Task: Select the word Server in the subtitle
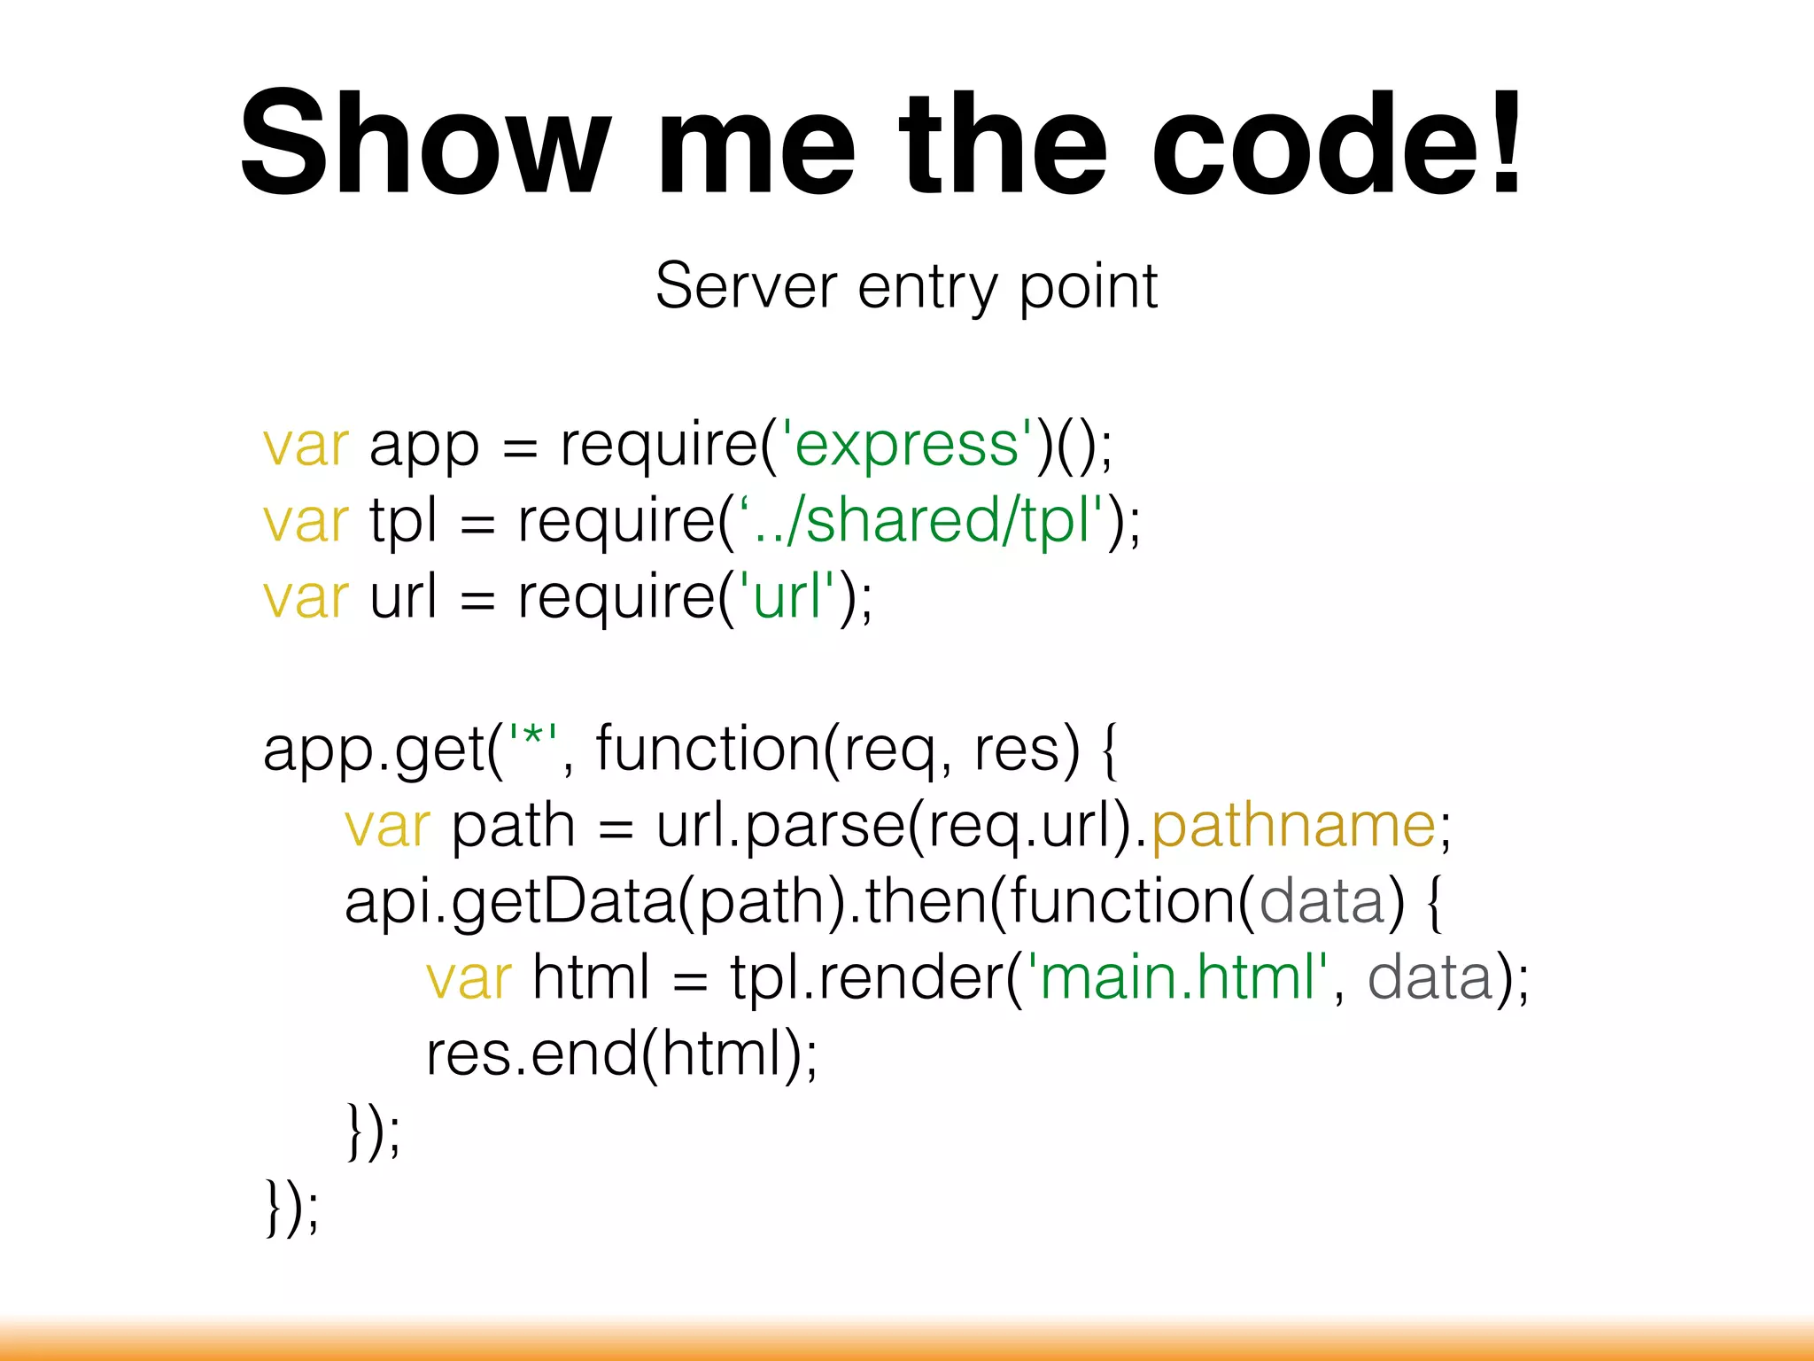[x=746, y=286]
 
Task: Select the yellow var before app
[x=306, y=445]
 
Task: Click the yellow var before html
[x=469, y=979]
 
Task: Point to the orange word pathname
[x=1293, y=827]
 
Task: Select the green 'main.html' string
[x=1178, y=977]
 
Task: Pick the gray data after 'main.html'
[x=1430, y=977]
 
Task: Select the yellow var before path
[x=387, y=827]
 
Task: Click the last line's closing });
[x=291, y=1207]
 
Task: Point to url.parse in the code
[x=779, y=827]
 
